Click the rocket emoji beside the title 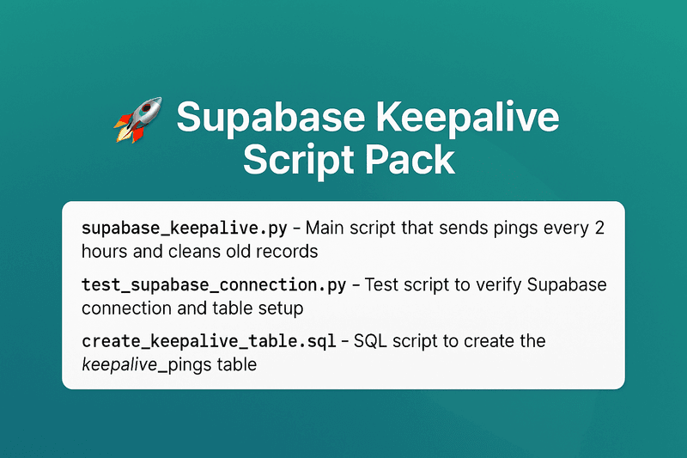pos(138,119)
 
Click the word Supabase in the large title pos(271,117)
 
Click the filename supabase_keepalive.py pos(185,229)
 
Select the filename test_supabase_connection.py pos(214,286)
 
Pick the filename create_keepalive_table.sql pos(209,341)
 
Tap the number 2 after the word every pos(599,228)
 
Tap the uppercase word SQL pos(370,341)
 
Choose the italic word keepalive pos(119,365)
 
